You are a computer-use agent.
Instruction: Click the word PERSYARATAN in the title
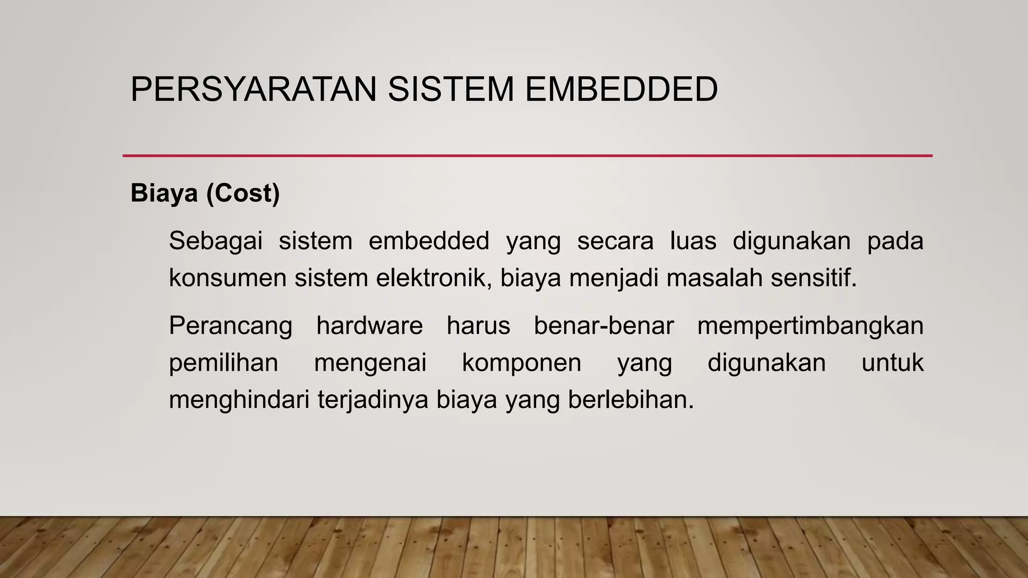253,89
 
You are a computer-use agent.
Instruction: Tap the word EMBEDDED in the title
621,89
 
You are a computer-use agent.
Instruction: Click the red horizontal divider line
527,156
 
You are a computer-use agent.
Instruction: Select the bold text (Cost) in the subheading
243,193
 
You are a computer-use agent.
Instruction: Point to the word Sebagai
216,241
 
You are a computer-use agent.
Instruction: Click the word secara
615,241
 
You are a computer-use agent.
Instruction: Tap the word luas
693,241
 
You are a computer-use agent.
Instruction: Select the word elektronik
434,278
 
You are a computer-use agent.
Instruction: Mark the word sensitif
814,278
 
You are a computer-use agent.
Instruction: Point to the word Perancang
230,326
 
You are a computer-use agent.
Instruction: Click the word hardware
370,326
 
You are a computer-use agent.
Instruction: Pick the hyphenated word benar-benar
604,326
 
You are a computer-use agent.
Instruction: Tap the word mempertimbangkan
810,326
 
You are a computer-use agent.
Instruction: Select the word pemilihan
223,363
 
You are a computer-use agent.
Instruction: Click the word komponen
522,363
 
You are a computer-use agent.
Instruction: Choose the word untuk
892,363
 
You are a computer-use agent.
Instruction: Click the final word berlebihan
631,400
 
